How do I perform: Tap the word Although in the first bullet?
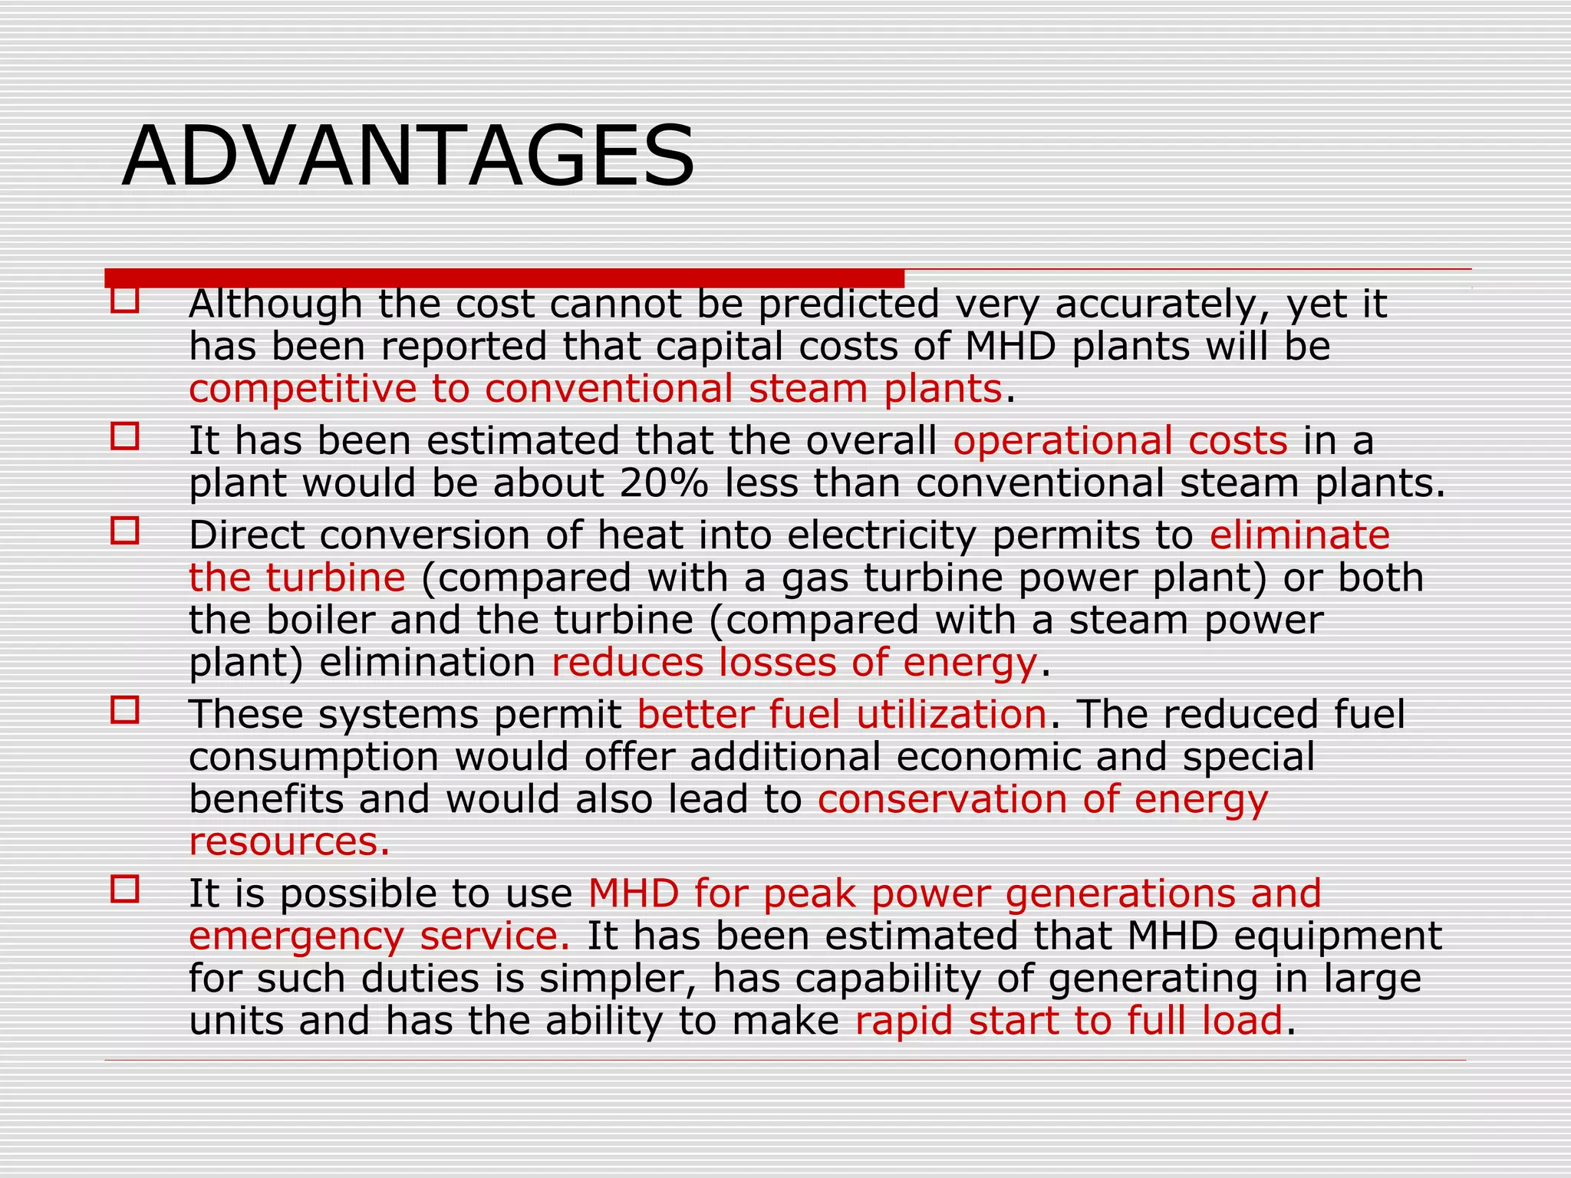point(275,304)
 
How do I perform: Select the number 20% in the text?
point(664,483)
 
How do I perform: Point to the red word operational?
point(1062,441)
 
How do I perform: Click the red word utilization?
point(951,714)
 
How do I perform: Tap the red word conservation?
point(942,799)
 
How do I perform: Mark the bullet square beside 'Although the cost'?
point(125,299)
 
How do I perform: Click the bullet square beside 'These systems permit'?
point(125,709)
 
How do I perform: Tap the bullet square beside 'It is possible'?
point(125,889)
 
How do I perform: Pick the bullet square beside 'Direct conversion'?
point(125,530)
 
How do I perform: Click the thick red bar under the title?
point(504,278)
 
